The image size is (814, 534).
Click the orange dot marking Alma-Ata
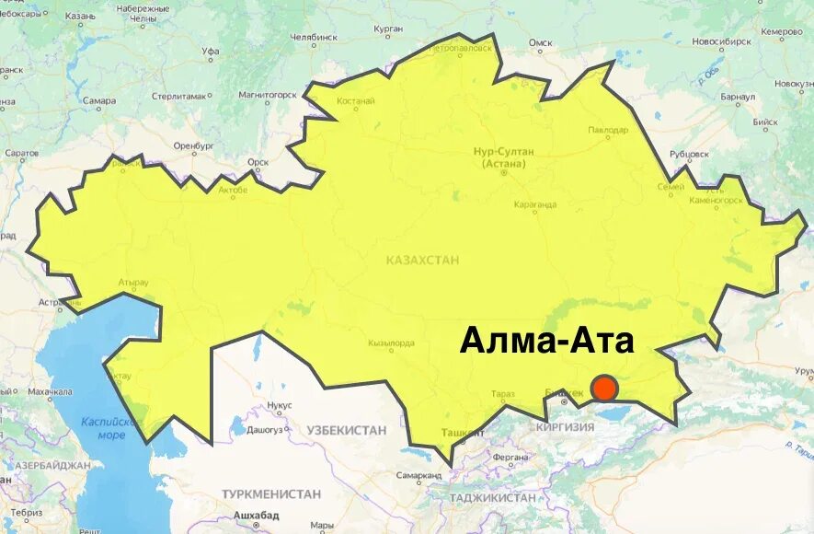604,389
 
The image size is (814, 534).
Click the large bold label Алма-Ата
547,341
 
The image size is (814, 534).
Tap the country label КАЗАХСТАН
423,261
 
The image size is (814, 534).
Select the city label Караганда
534,205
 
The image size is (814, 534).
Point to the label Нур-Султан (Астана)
503,157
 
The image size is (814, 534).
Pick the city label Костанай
356,101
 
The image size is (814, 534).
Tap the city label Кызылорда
391,342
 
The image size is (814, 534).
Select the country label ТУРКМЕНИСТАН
271,494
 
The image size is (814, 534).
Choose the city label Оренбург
193,145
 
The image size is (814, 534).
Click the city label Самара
98,100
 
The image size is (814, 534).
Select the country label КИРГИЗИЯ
566,427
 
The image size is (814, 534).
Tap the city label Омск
540,42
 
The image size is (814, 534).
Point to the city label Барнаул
738,96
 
